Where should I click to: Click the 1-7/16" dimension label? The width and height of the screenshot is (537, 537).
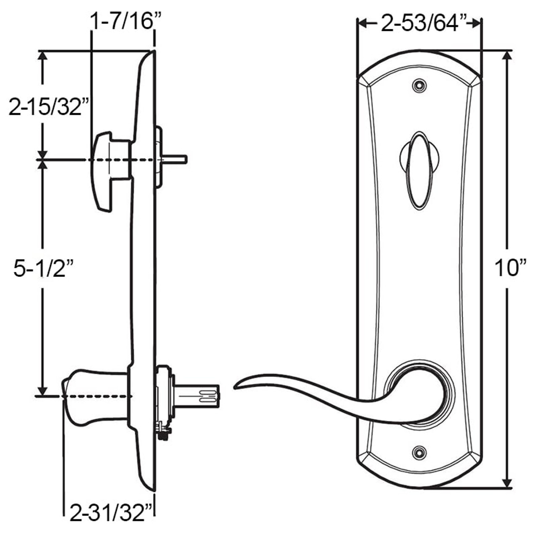click(x=123, y=21)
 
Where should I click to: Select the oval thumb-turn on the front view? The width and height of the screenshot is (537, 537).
click(x=419, y=170)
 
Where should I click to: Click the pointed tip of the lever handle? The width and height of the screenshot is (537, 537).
click(x=236, y=386)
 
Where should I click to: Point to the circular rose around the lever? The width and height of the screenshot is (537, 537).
click(x=451, y=394)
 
